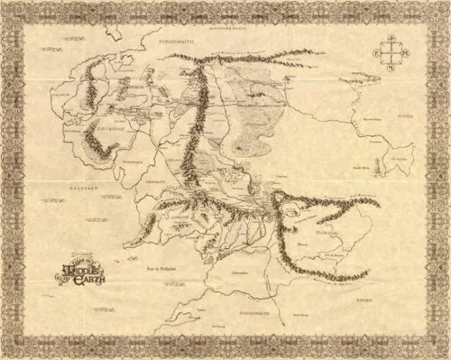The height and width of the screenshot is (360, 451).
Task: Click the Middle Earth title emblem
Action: click(82, 270)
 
